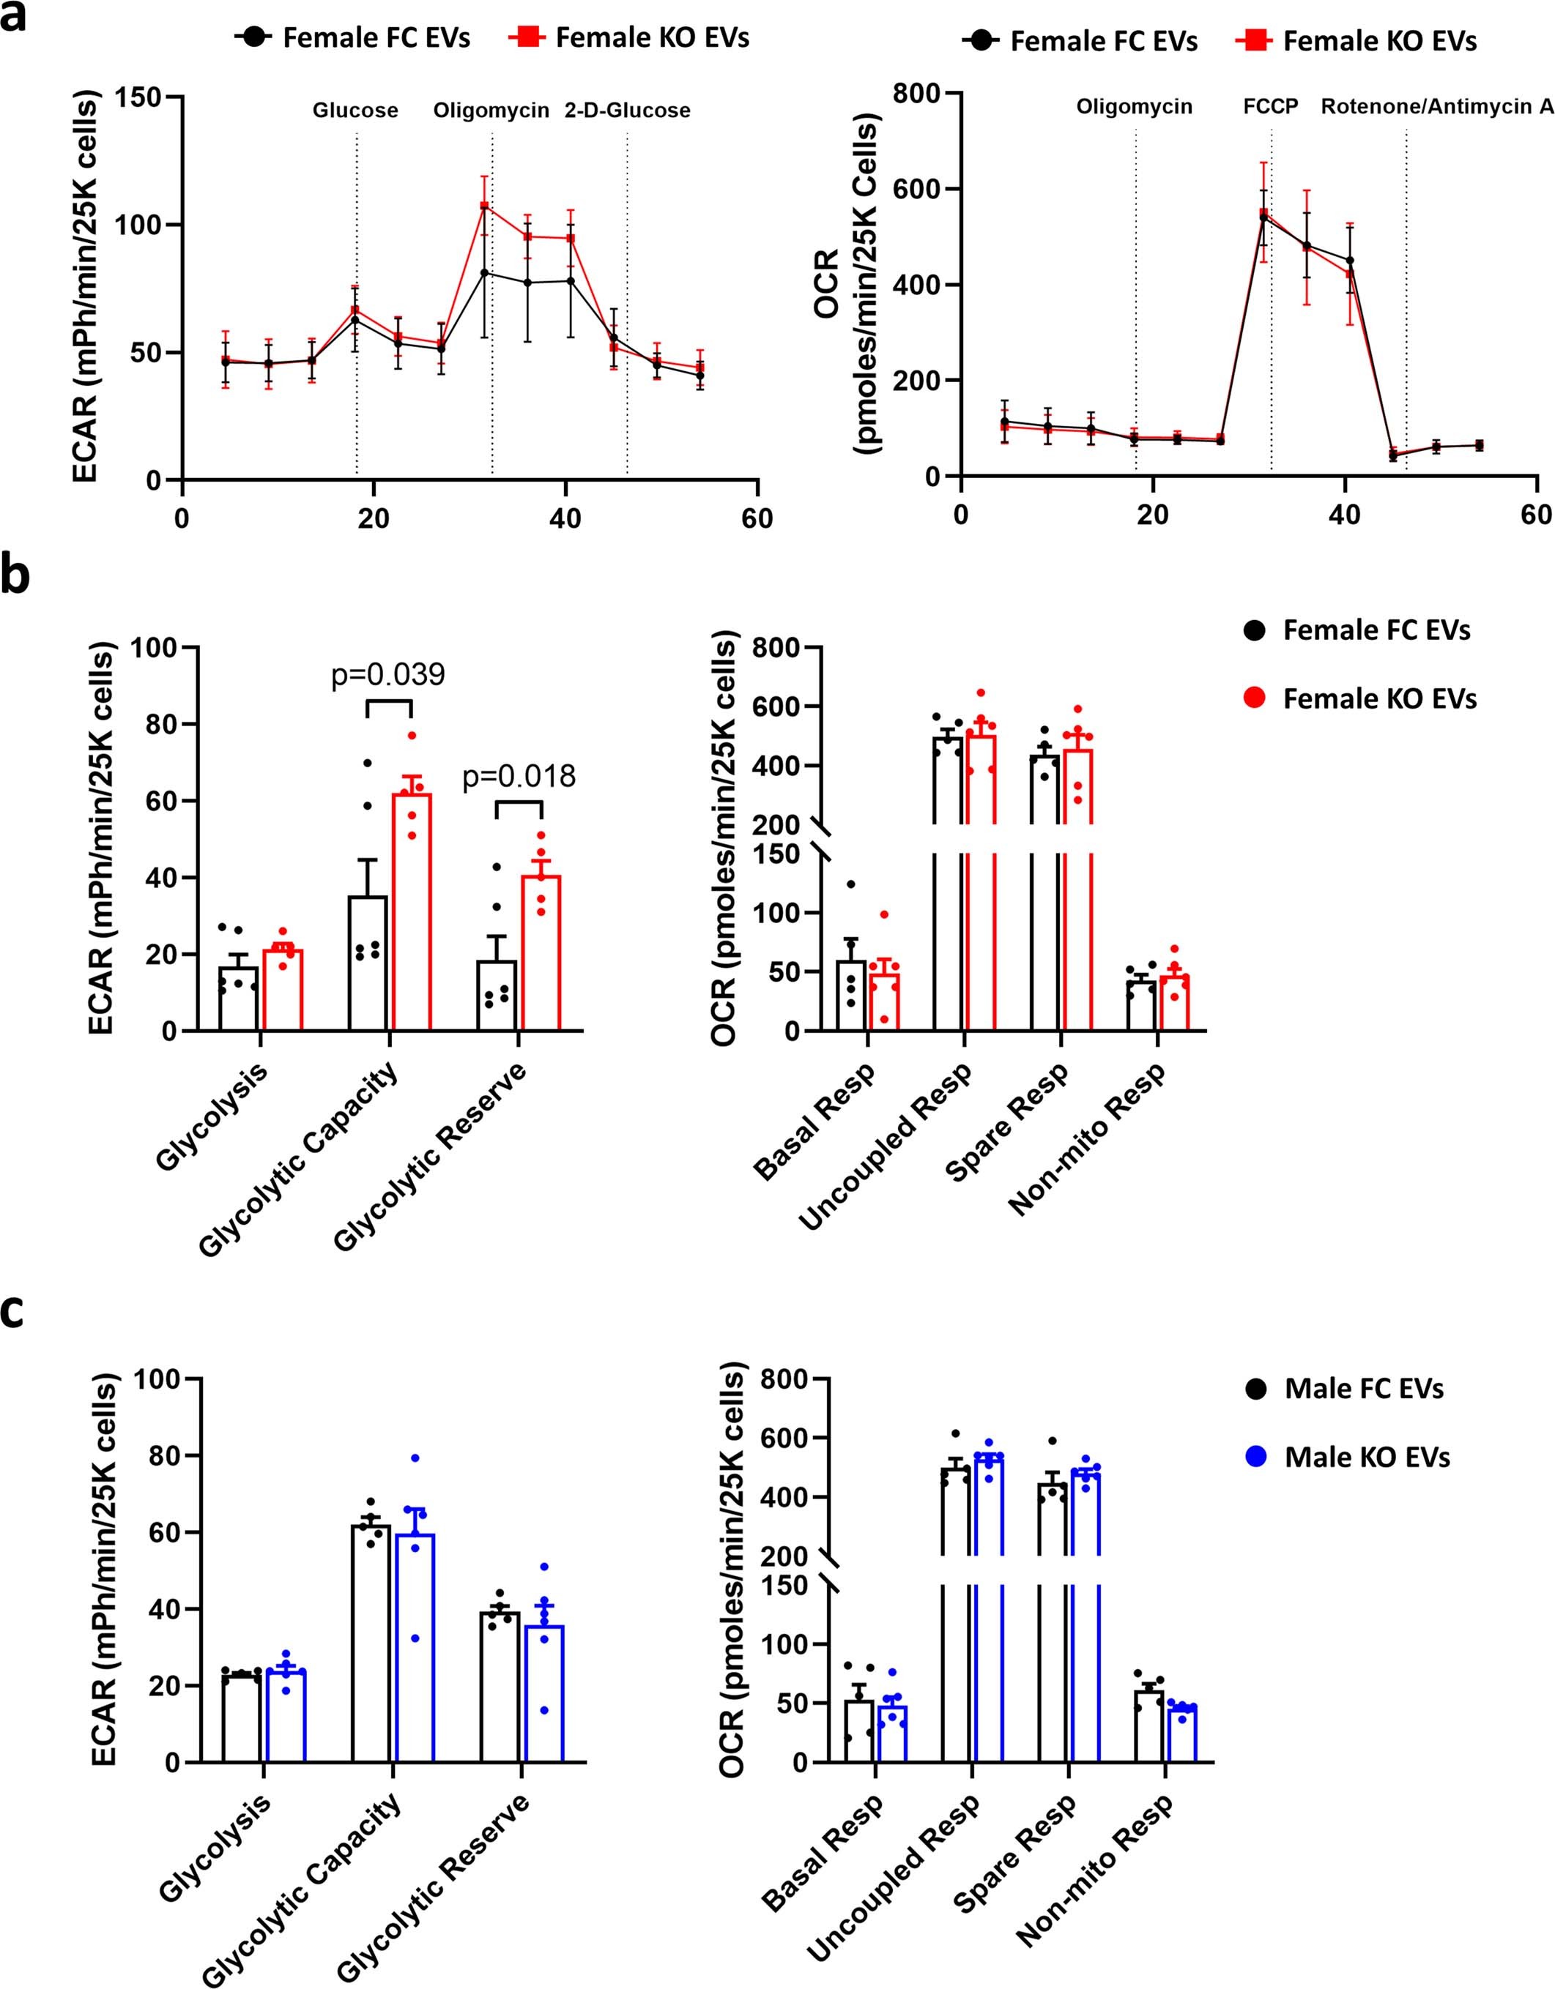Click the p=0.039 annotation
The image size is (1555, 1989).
click(x=388, y=675)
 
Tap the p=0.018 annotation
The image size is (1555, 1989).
click(x=519, y=776)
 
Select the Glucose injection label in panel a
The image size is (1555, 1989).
click(x=355, y=111)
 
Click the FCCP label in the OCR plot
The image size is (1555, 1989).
click(x=1271, y=107)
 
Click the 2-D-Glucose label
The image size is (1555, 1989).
click(x=627, y=111)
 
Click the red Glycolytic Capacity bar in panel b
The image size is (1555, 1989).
click(x=412, y=911)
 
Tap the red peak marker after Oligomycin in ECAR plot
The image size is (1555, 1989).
click(x=485, y=206)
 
